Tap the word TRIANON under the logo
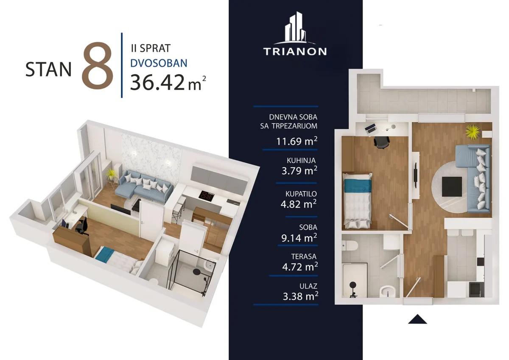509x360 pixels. [295, 52]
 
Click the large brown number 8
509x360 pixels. [98, 65]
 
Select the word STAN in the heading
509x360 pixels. [48, 69]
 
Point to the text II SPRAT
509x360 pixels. [151, 48]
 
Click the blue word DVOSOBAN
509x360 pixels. [159, 63]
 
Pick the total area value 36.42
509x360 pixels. [157, 82]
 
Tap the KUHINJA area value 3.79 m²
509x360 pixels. [299, 170]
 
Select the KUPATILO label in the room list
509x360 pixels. [301, 194]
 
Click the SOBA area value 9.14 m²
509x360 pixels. [299, 237]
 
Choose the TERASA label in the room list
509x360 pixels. [304, 257]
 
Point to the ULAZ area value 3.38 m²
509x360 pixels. [300, 296]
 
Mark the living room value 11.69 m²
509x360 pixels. [297, 141]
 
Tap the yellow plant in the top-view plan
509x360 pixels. [473, 131]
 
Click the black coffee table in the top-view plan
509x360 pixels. [452, 187]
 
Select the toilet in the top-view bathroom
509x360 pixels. [350, 245]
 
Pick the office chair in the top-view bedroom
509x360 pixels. [382, 142]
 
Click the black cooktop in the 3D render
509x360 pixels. [206, 196]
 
